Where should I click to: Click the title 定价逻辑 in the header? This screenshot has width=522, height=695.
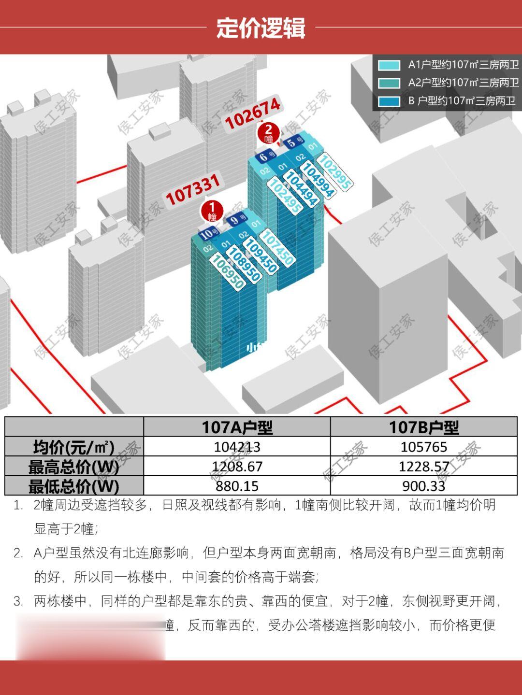click(x=261, y=28)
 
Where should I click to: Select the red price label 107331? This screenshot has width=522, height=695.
click(x=193, y=190)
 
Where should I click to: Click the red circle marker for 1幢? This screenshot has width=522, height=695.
click(x=212, y=211)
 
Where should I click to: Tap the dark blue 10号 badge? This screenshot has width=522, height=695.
click(x=207, y=234)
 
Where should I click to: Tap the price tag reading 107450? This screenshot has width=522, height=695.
click(x=277, y=247)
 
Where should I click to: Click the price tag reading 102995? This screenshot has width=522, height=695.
click(x=334, y=171)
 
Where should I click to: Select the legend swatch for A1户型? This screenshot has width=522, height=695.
click(x=389, y=65)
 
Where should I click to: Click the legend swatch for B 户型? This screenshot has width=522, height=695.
click(x=389, y=101)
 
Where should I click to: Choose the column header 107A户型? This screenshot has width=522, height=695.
click(x=237, y=427)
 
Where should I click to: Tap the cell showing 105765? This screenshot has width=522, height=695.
click(x=423, y=447)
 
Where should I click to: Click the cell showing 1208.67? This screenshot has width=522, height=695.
click(x=237, y=467)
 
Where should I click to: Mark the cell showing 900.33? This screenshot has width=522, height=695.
click(x=423, y=486)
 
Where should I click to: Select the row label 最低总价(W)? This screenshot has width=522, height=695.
click(x=73, y=486)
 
